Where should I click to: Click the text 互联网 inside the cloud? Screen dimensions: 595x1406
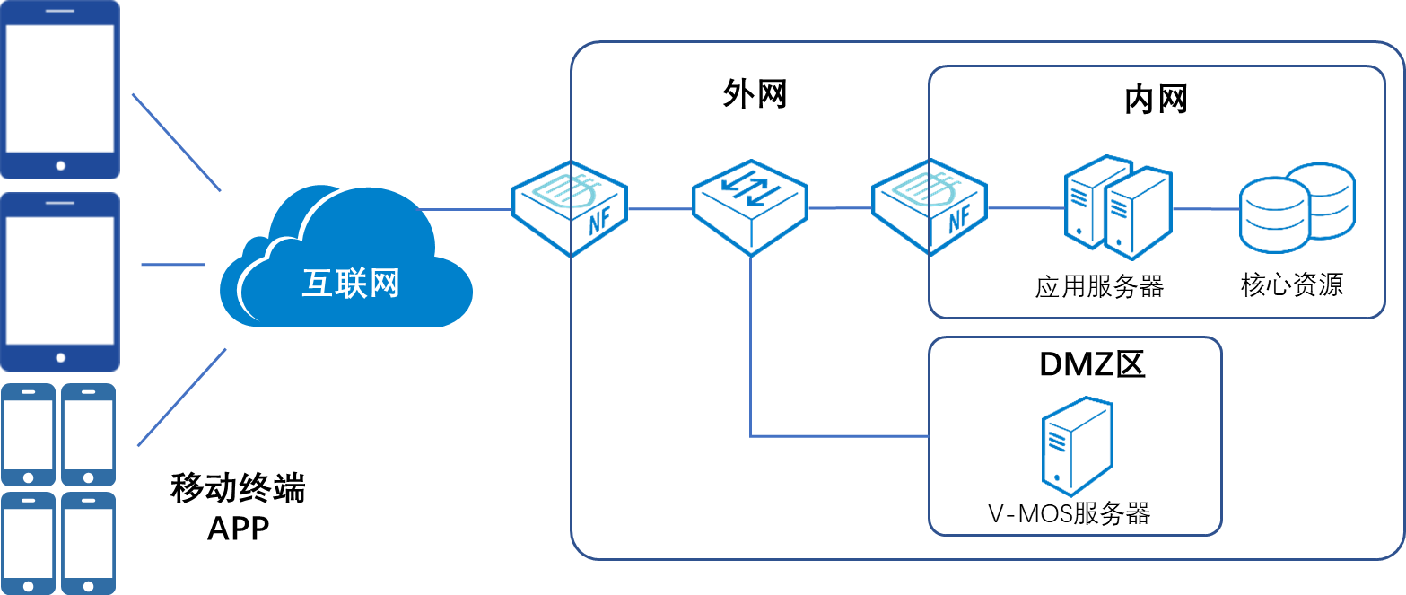(350, 284)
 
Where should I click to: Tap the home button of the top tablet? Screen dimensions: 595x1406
(60, 165)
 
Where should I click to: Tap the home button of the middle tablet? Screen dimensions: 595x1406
(60, 357)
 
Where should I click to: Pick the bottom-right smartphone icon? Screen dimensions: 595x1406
(88, 542)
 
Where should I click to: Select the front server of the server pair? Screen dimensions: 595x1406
(1138, 215)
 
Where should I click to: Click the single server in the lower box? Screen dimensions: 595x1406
(1077, 446)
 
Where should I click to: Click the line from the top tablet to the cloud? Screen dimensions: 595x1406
(176, 142)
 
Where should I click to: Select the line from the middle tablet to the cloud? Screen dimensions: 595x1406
(173, 265)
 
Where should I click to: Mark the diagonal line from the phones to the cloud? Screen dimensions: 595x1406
(181, 397)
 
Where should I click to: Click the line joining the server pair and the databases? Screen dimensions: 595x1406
(1206, 209)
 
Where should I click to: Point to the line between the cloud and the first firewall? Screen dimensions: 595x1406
(467, 209)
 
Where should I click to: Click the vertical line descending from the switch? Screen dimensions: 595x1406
(750, 350)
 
